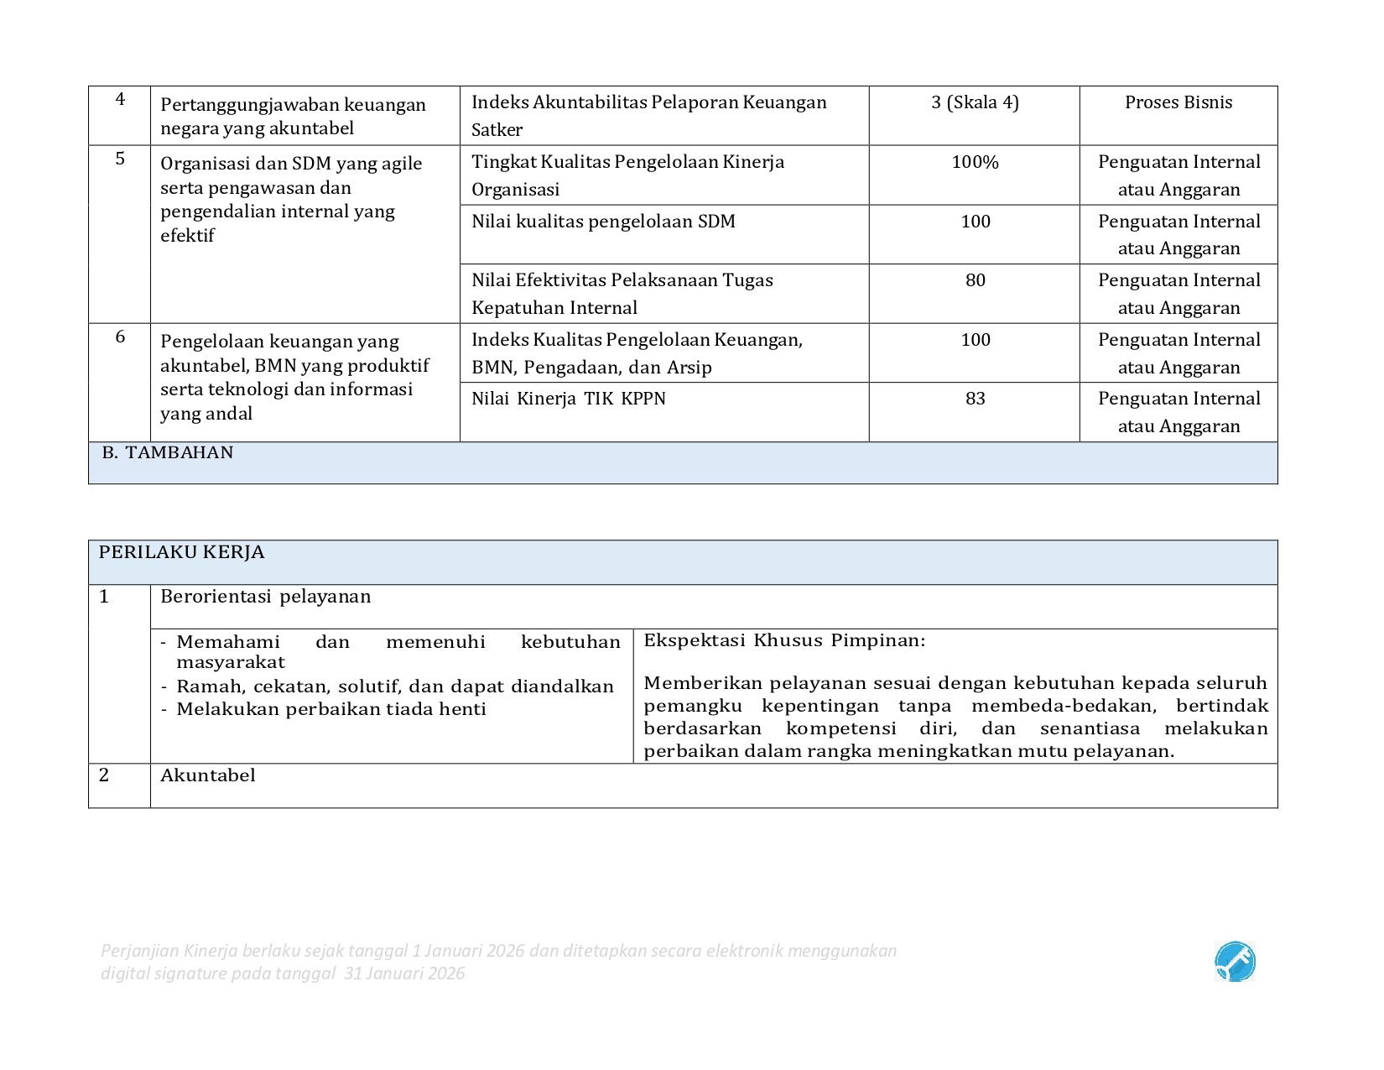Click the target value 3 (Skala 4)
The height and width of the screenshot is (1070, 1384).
point(975,102)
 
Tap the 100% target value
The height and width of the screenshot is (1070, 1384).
point(975,162)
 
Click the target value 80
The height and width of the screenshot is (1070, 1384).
point(975,280)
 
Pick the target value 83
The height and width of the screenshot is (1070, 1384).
point(975,399)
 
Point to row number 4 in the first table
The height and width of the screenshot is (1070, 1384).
point(120,99)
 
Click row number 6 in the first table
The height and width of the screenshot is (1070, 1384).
point(120,337)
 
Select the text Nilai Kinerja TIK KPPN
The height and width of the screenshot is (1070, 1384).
point(569,399)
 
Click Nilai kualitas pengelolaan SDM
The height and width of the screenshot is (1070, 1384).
point(603,222)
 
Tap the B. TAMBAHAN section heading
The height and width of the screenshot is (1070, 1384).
point(168,452)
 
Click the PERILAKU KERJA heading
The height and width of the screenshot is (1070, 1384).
point(181,552)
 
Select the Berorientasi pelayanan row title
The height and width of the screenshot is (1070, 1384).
point(265,597)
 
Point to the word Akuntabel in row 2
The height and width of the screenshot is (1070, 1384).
point(208,775)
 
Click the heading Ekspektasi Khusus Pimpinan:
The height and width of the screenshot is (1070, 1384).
point(784,640)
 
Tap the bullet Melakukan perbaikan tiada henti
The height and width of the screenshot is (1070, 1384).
point(331,709)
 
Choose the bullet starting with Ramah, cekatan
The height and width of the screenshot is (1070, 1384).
point(394,686)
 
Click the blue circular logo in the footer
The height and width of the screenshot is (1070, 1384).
point(1235,962)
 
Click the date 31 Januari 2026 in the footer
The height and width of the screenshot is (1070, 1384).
point(404,973)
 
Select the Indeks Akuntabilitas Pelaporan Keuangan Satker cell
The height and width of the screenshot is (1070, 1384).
point(648,116)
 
